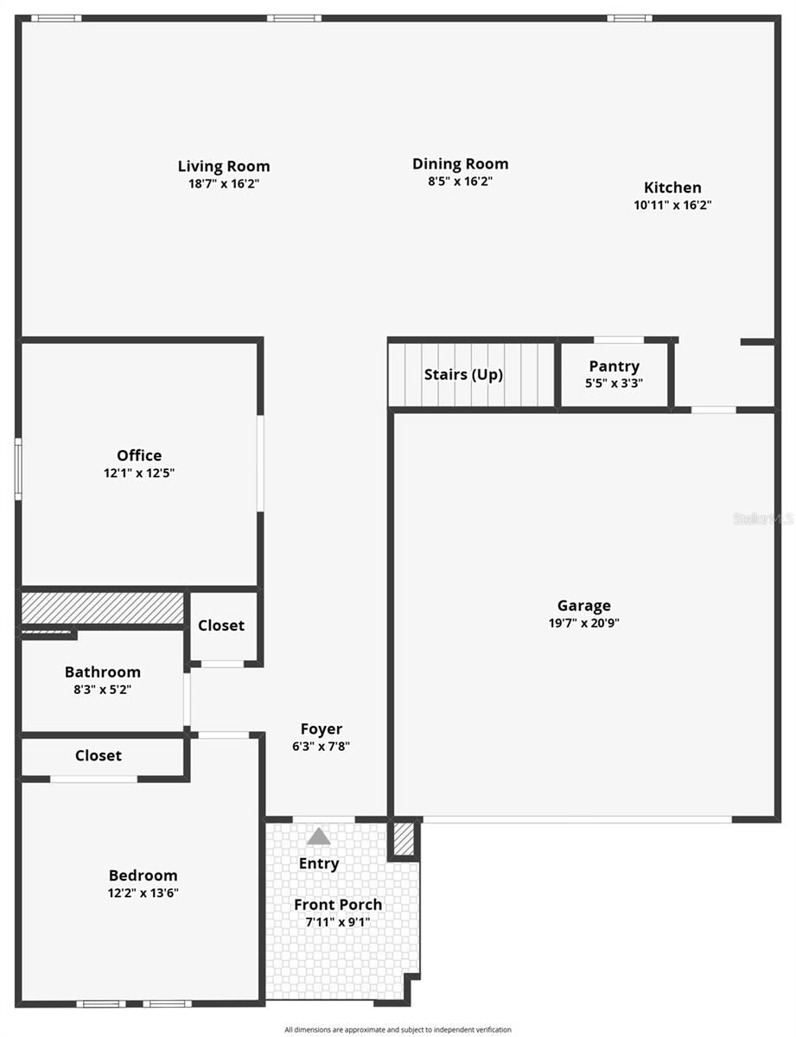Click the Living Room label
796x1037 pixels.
[x=224, y=167]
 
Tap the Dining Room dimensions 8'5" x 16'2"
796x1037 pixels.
[x=460, y=181]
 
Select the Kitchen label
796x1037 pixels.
[x=672, y=188]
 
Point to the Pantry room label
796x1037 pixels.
[x=614, y=366]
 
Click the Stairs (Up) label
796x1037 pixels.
[x=463, y=375]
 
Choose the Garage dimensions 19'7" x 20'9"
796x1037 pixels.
[x=583, y=622]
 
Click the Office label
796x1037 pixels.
[x=139, y=455]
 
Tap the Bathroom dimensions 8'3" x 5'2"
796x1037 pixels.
[x=102, y=690]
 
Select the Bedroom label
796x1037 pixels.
[x=143, y=875]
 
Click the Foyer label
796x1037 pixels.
[x=321, y=729]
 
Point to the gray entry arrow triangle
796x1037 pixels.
[x=319, y=837]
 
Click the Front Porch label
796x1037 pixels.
[x=338, y=905]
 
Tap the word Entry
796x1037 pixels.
[x=319, y=863]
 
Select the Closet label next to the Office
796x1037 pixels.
[x=221, y=626]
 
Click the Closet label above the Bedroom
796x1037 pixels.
[x=99, y=755]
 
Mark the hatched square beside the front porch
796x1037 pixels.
[x=404, y=838]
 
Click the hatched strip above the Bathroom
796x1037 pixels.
[x=102, y=608]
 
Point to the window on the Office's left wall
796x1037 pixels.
[x=18, y=469]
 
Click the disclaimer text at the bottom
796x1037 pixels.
[x=398, y=1029]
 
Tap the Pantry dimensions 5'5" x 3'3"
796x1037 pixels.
[x=614, y=384]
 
